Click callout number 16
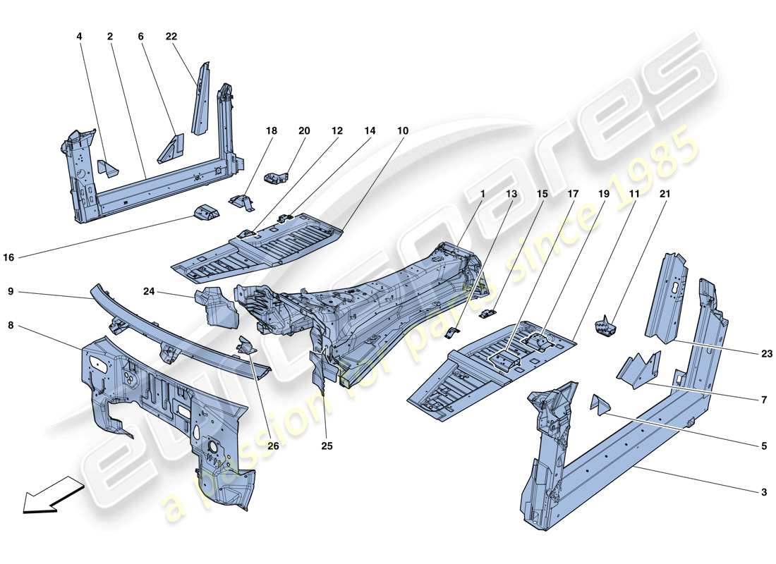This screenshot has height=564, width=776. coord(8,258)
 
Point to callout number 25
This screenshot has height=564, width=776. coord(327,446)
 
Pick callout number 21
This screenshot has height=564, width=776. coord(665,193)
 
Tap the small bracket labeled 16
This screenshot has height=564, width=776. coord(205,211)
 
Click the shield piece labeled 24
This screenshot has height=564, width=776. coord(212,305)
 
